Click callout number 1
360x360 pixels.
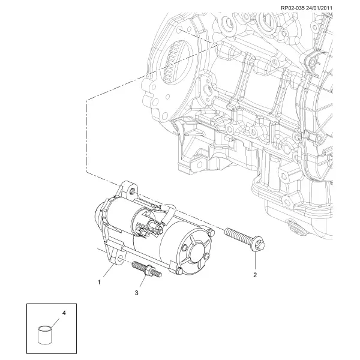point(99,282)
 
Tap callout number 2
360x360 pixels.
point(255,275)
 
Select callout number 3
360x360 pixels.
point(137,293)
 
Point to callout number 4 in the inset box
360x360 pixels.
point(64,313)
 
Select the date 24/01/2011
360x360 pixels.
point(319,8)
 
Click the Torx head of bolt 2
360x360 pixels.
point(259,244)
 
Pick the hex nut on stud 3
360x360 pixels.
point(149,268)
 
